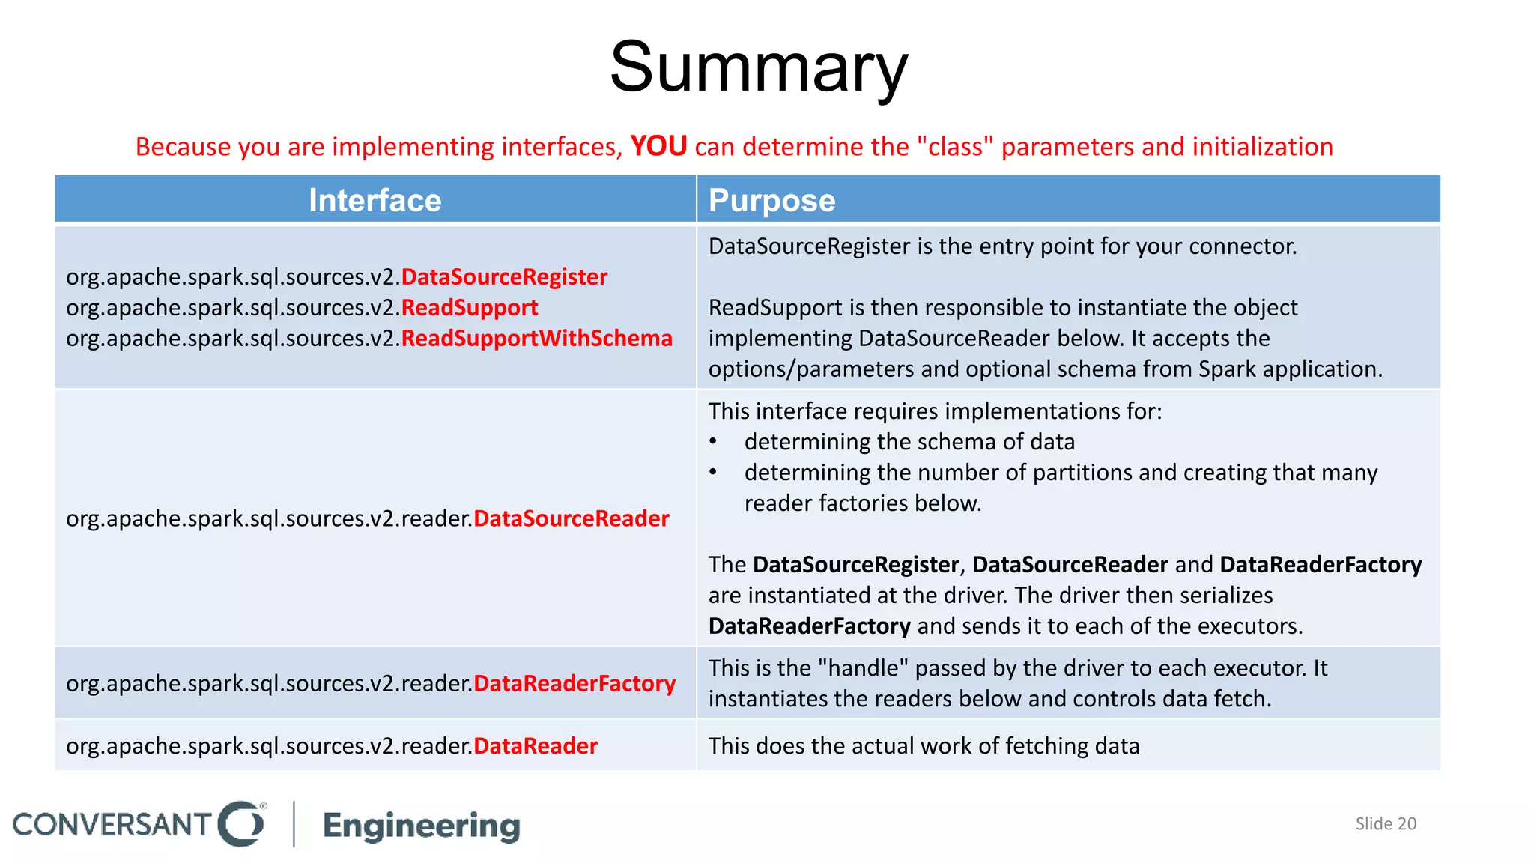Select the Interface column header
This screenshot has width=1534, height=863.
375,201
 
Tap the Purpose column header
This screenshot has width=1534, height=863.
771,201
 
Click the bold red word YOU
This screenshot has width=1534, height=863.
658,146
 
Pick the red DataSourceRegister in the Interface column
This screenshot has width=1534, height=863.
504,277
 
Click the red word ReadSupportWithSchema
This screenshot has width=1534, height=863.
536,339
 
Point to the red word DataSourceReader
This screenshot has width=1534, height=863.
571,518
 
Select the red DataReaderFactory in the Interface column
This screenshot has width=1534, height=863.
575,683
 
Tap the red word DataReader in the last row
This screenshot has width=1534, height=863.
536,746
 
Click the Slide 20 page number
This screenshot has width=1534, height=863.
1386,823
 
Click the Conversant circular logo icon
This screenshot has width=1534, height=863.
241,823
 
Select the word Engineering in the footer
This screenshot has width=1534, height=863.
422,826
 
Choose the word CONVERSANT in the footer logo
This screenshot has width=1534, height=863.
112,824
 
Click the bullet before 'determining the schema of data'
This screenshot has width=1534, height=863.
713,442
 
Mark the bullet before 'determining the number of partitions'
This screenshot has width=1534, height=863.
713,473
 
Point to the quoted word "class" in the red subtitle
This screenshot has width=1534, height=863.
955,147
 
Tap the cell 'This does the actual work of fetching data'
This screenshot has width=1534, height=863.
924,746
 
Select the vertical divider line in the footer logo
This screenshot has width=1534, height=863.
294,823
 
